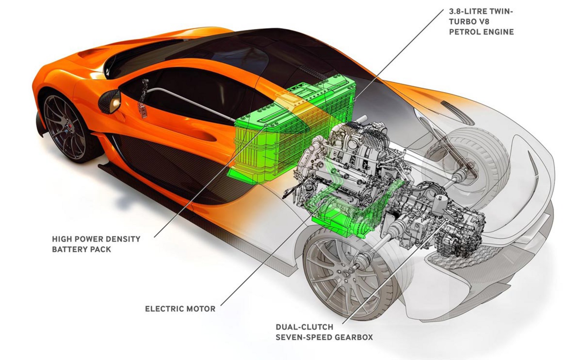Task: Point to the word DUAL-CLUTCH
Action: pos(300,327)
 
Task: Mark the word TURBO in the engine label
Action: pos(461,22)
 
